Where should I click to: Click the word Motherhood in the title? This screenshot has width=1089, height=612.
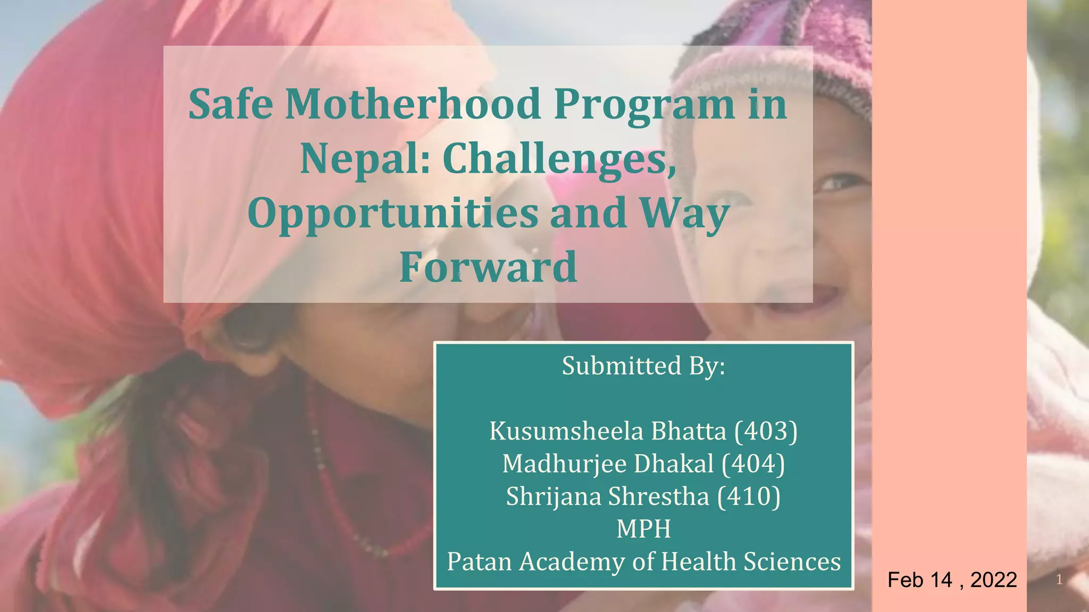tap(413, 104)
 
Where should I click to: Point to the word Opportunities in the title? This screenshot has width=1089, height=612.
tap(393, 213)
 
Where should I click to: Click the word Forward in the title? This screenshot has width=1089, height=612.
tap(488, 267)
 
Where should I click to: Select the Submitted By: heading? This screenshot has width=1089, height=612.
tap(643, 366)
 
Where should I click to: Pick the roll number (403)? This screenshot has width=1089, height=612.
tap(766, 431)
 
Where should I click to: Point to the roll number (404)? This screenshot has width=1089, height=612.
tap(753, 464)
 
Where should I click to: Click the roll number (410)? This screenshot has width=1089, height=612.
tap(749, 497)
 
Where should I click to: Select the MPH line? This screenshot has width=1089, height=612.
tap(643, 529)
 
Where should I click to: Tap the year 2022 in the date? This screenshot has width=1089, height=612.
tap(993, 580)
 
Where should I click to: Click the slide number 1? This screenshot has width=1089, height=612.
tap(1059, 580)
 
